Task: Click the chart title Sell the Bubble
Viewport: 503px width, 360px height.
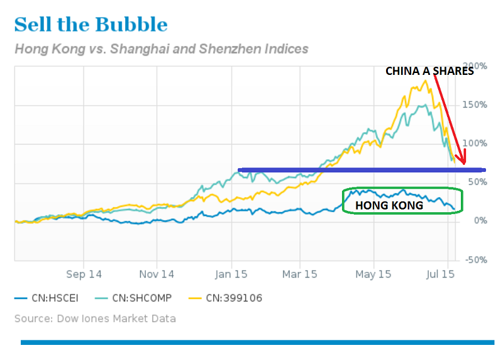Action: tap(91, 25)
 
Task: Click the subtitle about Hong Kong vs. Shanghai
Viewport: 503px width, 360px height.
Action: tap(161, 48)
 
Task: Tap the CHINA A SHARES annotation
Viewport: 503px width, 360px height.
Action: tap(429, 71)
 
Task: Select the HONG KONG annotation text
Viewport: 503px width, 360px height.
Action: tap(389, 205)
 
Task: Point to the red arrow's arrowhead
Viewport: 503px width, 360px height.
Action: tap(464, 162)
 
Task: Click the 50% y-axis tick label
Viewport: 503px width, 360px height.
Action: tap(476, 183)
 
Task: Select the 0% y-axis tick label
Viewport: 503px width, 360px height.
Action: tap(478, 221)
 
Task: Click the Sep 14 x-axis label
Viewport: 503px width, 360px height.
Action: tap(84, 274)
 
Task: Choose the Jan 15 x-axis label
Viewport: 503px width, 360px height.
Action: tap(231, 274)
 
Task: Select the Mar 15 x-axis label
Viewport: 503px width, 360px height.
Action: tap(300, 274)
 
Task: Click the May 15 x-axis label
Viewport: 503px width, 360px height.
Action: tap(373, 274)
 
